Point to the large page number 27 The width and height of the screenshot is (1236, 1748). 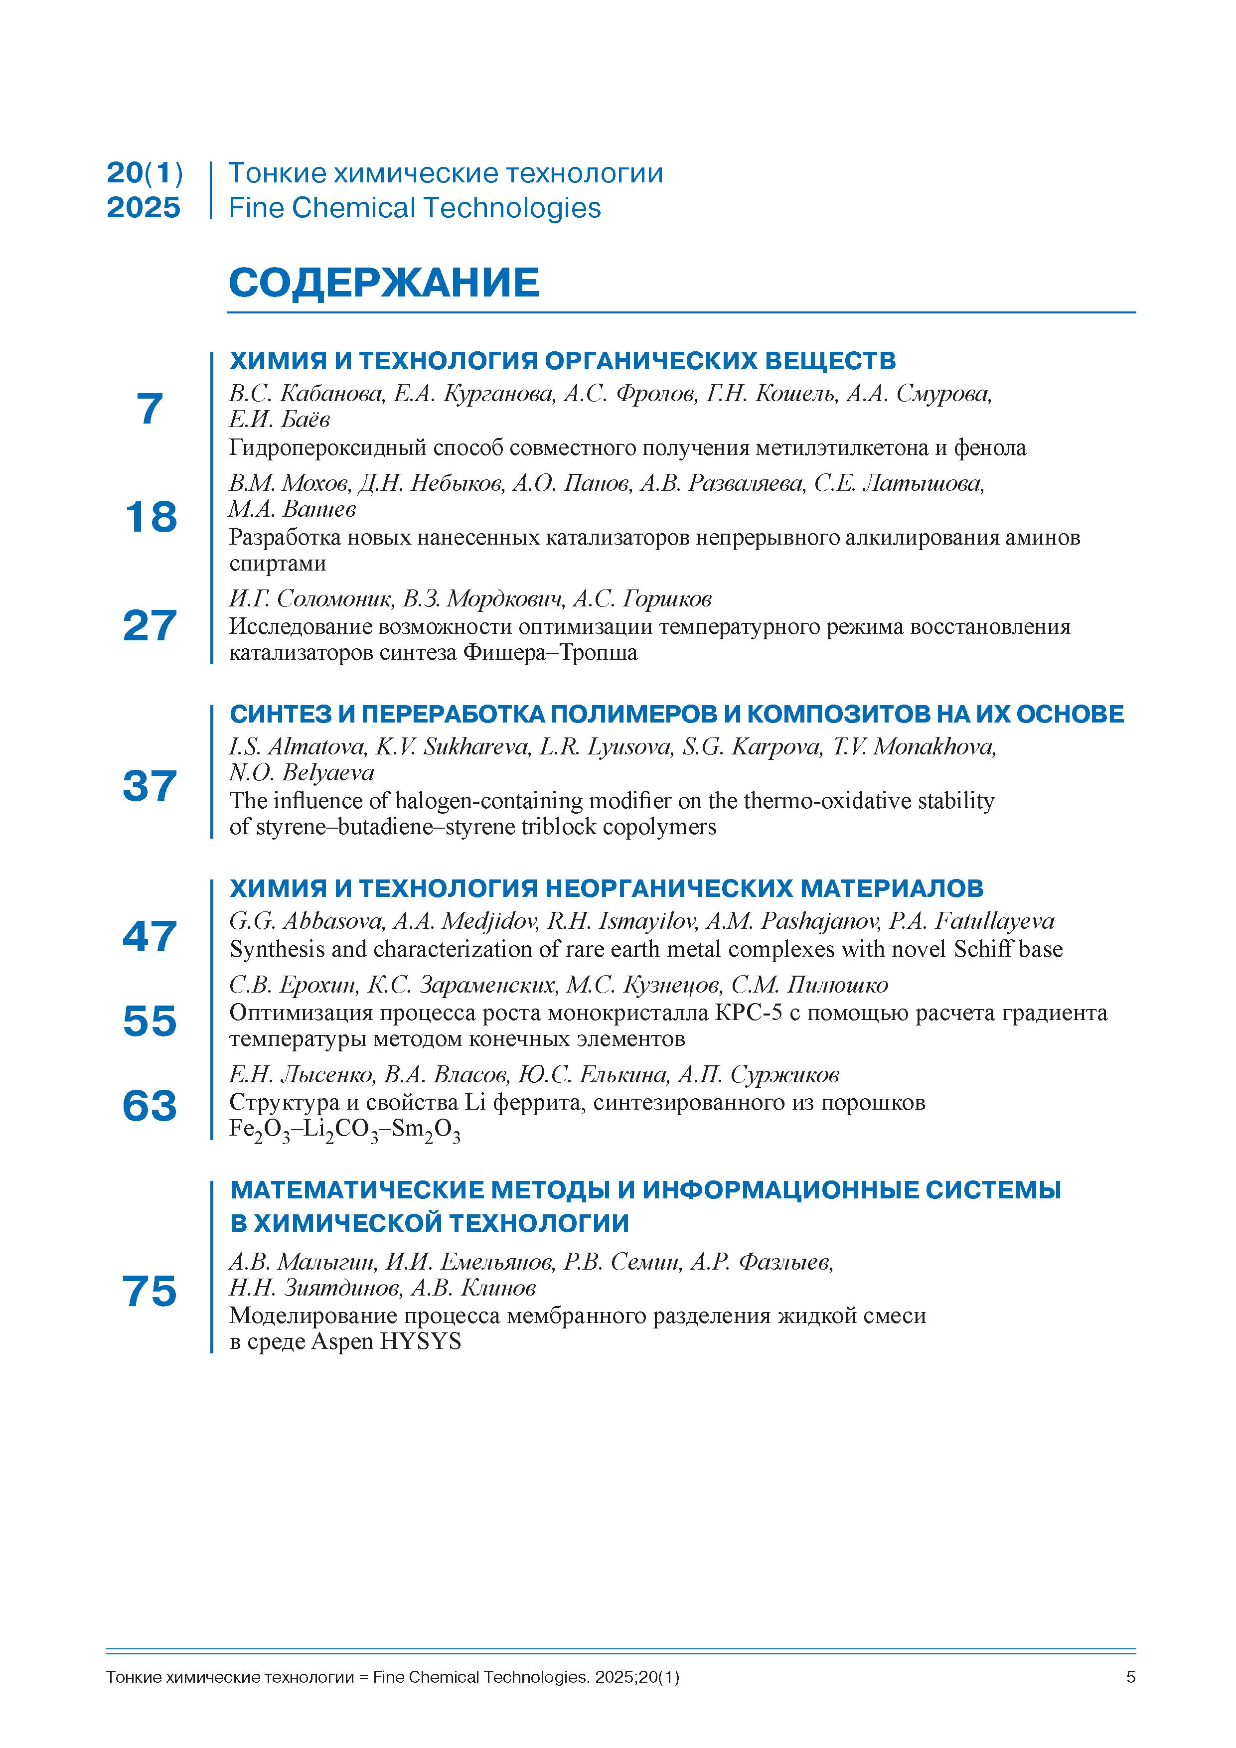(x=150, y=626)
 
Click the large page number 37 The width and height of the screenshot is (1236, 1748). (x=150, y=786)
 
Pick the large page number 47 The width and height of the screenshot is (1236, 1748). (x=150, y=936)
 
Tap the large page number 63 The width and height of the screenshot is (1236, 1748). (x=150, y=1105)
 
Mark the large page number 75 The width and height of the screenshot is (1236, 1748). (x=150, y=1291)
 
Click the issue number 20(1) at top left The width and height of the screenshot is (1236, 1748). (x=145, y=173)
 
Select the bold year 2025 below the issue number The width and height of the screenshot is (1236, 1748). (x=144, y=208)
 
